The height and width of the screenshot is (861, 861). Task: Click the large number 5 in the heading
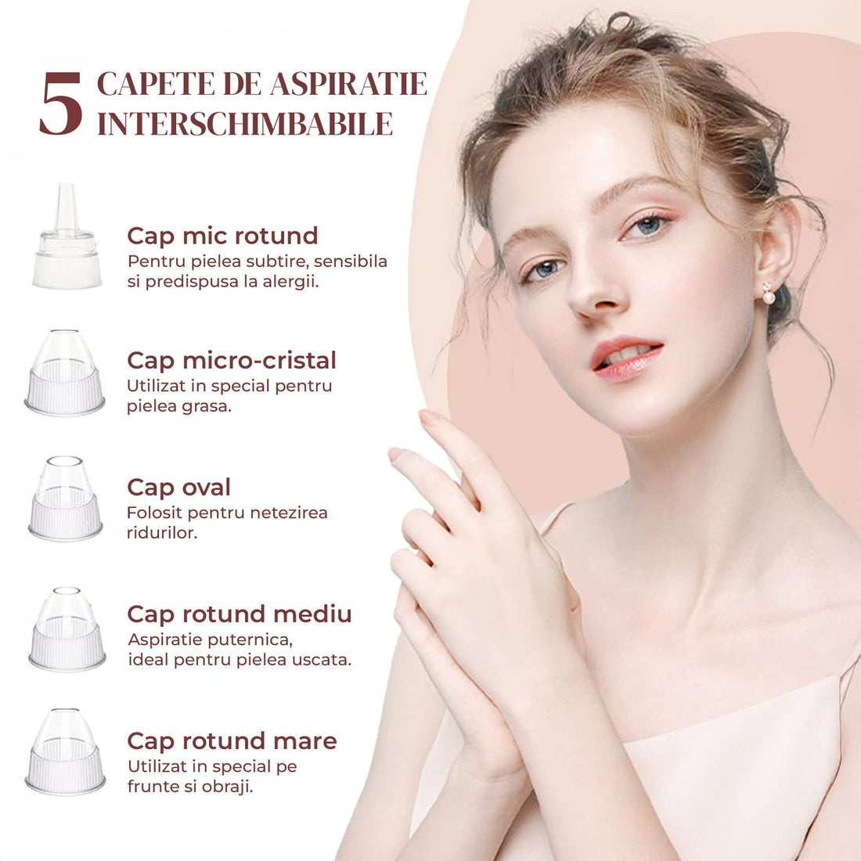pyautogui.click(x=61, y=103)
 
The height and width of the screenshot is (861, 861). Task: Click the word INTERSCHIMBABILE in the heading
pyautogui.click(x=245, y=124)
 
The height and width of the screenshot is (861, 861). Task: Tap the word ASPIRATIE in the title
pyautogui.click(x=348, y=84)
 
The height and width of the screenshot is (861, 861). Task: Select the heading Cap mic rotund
pyautogui.click(x=222, y=236)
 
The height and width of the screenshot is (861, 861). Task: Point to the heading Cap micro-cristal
pyautogui.click(x=231, y=361)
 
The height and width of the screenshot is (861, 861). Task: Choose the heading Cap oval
pyautogui.click(x=178, y=488)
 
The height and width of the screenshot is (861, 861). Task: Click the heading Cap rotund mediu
pyautogui.click(x=239, y=614)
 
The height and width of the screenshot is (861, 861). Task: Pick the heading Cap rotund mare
pyautogui.click(x=232, y=741)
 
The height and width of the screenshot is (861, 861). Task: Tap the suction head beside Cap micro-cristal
pyautogui.click(x=65, y=373)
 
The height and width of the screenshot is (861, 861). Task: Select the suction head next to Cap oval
pyautogui.click(x=65, y=499)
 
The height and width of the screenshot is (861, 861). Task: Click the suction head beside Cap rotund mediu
pyautogui.click(x=67, y=629)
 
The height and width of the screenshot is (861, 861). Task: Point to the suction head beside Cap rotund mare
pyautogui.click(x=65, y=751)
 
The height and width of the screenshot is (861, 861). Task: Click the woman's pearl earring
pyautogui.click(x=768, y=294)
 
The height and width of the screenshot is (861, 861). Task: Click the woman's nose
pyautogui.click(x=593, y=291)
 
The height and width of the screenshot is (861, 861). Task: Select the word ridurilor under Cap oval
pyautogui.click(x=161, y=532)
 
